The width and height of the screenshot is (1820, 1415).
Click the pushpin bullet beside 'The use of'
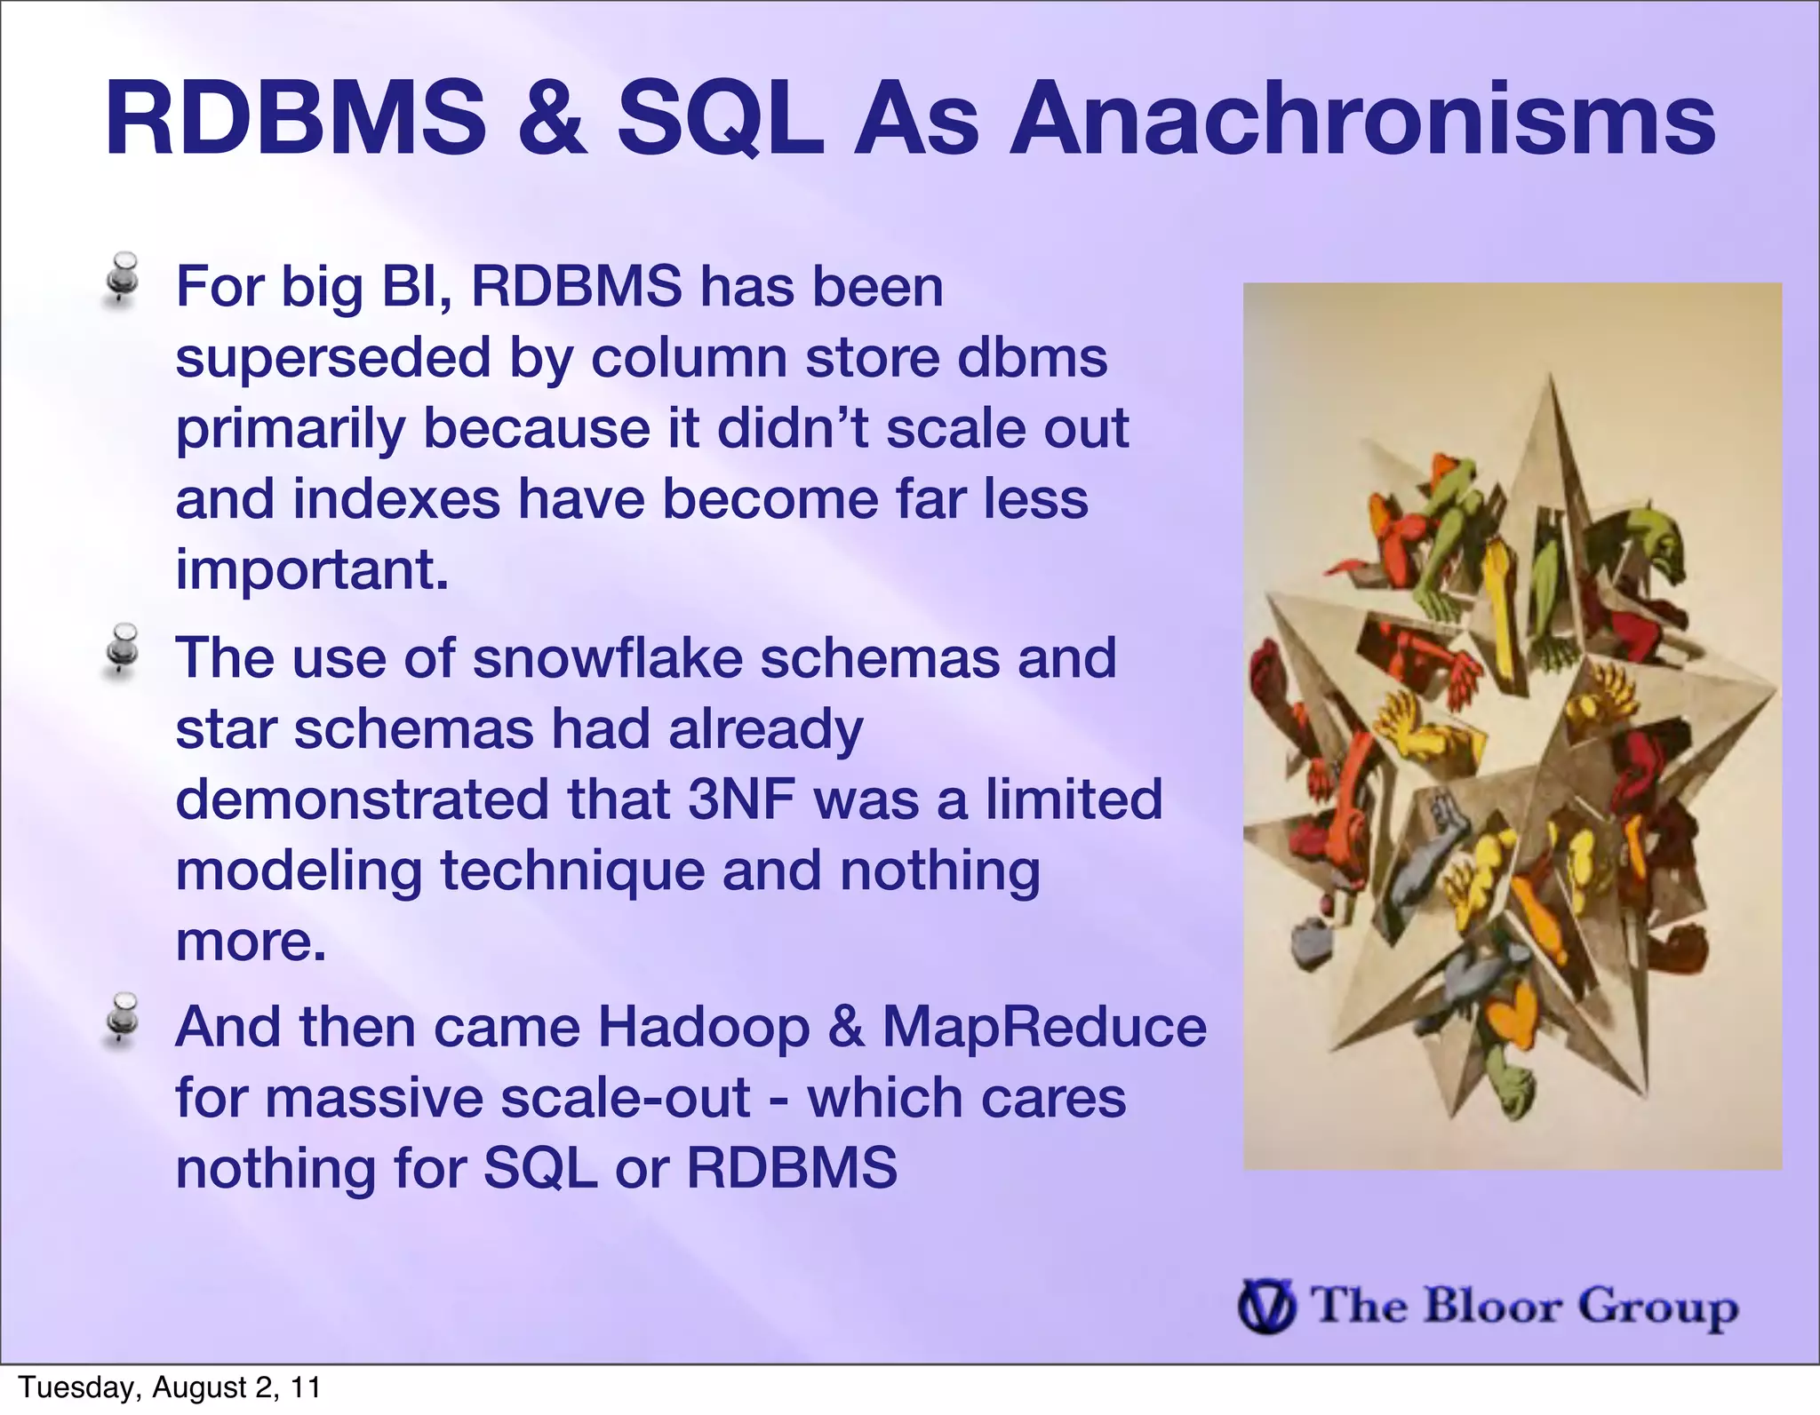(x=122, y=650)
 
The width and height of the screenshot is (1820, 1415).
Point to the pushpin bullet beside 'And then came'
(x=122, y=1019)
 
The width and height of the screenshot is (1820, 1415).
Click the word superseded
(x=333, y=359)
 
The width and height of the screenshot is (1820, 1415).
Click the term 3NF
(x=740, y=799)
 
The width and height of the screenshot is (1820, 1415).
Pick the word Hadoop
(x=703, y=1028)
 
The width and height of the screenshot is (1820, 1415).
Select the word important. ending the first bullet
(x=312, y=570)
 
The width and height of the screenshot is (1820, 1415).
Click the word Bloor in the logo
(x=1492, y=1306)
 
